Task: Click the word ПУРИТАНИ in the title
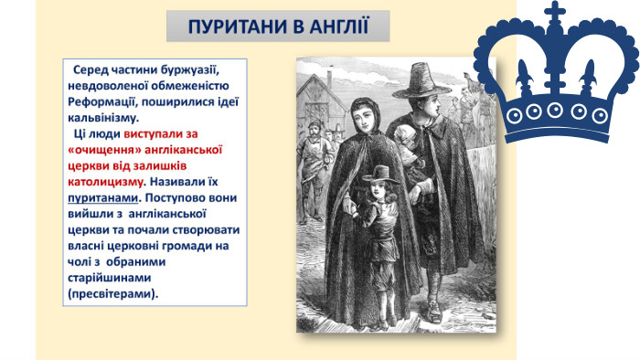(x=238, y=26)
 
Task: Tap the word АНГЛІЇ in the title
(x=339, y=26)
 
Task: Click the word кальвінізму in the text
(x=103, y=118)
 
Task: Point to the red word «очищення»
(x=104, y=150)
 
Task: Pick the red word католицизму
(x=105, y=182)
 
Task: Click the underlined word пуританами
(x=102, y=198)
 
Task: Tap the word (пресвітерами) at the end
(x=113, y=293)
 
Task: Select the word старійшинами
(x=110, y=278)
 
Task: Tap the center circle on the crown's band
(x=555, y=110)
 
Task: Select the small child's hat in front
(x=380, y=175)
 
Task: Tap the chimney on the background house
(x=330, y=79)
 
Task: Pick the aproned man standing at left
(x=314, y=171)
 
